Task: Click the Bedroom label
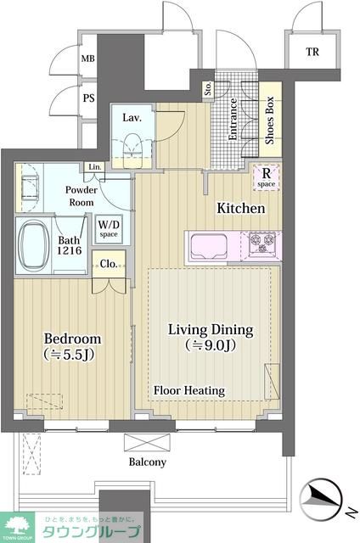(73, 339)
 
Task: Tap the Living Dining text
(211, 330)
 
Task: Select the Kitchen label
(241, 208)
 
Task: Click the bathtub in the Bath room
(34, 245)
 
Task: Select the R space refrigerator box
(266, 177)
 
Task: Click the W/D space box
(109, 228)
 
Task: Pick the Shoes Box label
(269, 120)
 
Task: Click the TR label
(312, 52)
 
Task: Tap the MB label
(87, 59)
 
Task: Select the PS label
(88, 98)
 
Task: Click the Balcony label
(148, 462)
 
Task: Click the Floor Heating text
(189, 390)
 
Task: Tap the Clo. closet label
(109, 264)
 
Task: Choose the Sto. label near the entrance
(208, 88)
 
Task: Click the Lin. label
(95, 167)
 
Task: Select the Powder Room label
(82, 196)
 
